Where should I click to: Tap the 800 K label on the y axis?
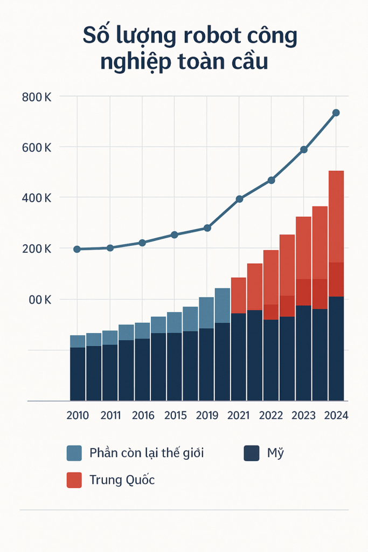pyautogui.click(x=37, y=98)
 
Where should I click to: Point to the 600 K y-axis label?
pyautogui.click(x=37, y=148)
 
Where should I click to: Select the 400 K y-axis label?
pyautogui.click(x=37, y=198)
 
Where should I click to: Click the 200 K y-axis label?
pyautogui.click(x=37, y=249)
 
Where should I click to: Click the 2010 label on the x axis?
pyautogui.click(x=78, y=416)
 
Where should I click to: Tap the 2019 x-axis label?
pyautogui.click(x=207, y=416)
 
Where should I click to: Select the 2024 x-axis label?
pyautogui.click(x=336, y=416)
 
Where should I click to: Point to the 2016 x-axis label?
pyautogui.click(x=142, y=416)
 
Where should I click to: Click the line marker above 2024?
pyautogui.click(x=336, y=113)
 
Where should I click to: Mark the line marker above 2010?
pyautogui.click(x=77, y=249)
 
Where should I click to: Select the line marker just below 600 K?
pyautogui.click(x=303, y=149)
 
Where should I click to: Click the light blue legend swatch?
pyautogui.click(x=74, y=453)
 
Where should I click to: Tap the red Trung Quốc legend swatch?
pyautogui.click(x=74, y=480)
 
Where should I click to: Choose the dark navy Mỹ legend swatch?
pyautogui.click(x=252, y=453)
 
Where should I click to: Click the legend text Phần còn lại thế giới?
pyautogui.click(x=147, y=453)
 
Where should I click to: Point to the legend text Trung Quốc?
pyautogui.click(x=122, y=480)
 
